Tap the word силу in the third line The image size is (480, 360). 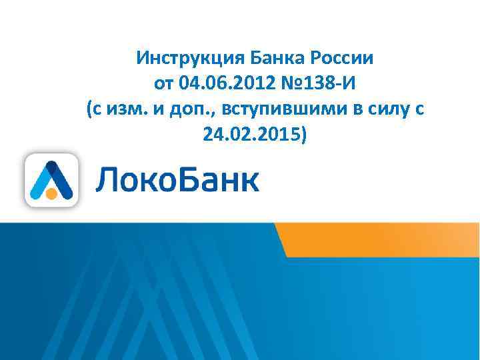pos(389,110)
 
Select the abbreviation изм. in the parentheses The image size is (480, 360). pos(130,110)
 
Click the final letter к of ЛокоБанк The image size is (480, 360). pos(249,182)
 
